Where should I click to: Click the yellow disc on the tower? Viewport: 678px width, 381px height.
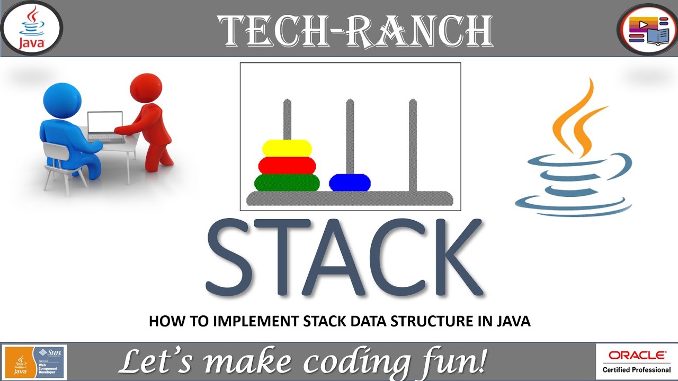click(x=287, y=148)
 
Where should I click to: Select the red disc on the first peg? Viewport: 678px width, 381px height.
click(x=287, y=165)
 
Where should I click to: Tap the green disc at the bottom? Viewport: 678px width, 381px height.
click(x=287, y=183)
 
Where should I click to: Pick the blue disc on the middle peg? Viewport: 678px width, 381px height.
click(x=350, y=183)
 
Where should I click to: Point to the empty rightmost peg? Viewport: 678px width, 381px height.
click(x=413, y=143)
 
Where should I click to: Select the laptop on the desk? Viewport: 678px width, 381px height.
click(x=105, y=125)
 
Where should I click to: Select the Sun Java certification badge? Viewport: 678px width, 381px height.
click(x=34, y=362)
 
